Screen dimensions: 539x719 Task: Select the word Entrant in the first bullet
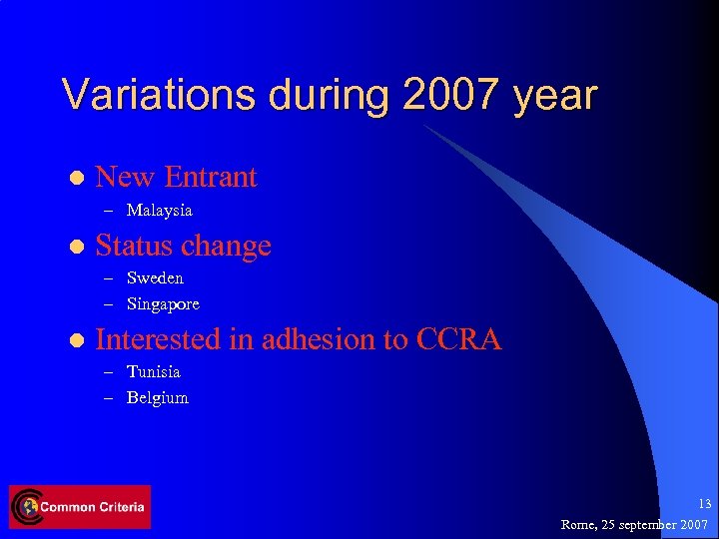[x=211, y=178]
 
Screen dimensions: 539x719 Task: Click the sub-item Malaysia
[x=160, y=211]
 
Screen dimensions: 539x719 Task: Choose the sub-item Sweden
[x=155, y=277]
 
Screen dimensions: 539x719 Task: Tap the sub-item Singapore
[x=163, y=303]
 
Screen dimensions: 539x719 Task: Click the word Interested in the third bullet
[x=159, y=339]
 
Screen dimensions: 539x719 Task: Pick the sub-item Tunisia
[x=154, y=371]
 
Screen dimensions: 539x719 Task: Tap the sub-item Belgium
[x=158, y=397]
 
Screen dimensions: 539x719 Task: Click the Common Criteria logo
[x=80, y=507]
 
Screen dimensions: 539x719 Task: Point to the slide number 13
[x=705, y=504]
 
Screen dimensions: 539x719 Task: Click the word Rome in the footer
[x=579, y=524]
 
